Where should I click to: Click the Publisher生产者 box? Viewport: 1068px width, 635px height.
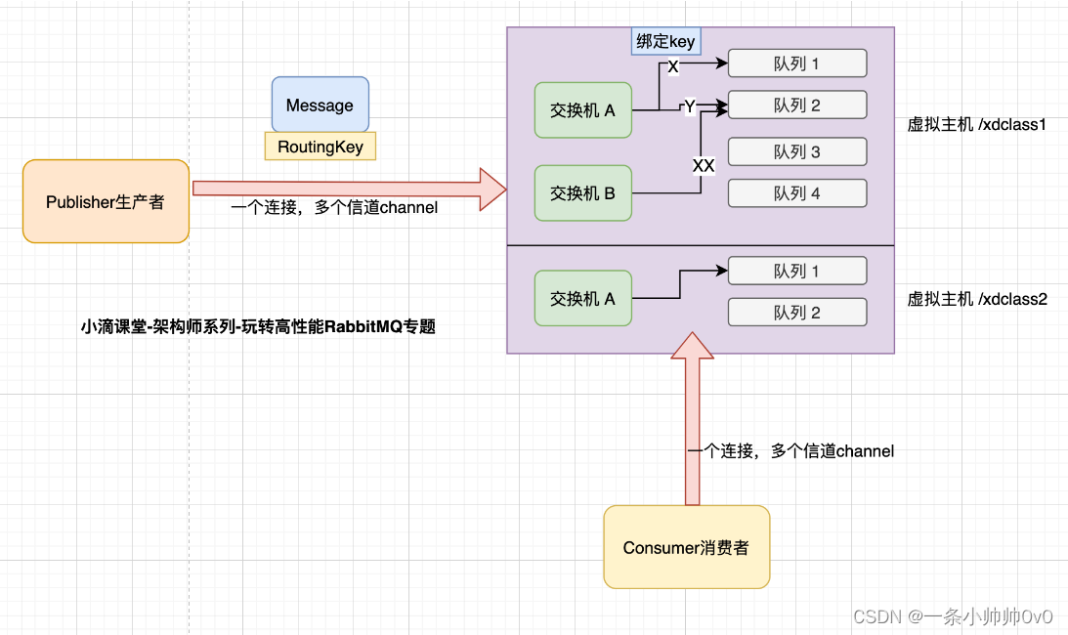click(106, 201)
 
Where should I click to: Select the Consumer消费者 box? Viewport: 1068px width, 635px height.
click(686, 547)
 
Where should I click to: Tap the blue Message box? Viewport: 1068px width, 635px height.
click(320, 105)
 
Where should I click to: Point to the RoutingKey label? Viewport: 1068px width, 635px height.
click(320, 147)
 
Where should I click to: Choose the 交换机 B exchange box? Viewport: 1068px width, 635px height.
click(582, 193)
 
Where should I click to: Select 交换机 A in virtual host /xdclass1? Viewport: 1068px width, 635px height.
click(582, 110)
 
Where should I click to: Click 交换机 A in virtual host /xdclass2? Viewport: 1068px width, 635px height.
click(582, 299)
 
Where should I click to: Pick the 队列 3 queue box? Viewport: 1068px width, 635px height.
click(797, 151)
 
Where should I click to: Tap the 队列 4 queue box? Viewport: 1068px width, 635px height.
click(797, 193)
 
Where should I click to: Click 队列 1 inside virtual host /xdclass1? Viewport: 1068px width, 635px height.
click(797, 63)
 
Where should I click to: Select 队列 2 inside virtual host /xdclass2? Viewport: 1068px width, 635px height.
click(797, 313)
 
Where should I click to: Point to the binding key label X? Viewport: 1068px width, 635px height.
click(672, 67)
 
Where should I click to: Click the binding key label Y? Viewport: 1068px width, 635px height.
click(689, 106)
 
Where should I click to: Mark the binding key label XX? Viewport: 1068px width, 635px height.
click(703, 166)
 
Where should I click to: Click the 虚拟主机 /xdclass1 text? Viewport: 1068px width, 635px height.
click(977, 125)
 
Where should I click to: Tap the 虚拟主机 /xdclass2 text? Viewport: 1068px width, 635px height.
click(977, 299)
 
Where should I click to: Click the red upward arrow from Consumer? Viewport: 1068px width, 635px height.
click(692, 420)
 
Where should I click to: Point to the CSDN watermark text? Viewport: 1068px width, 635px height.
click(953, 616)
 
